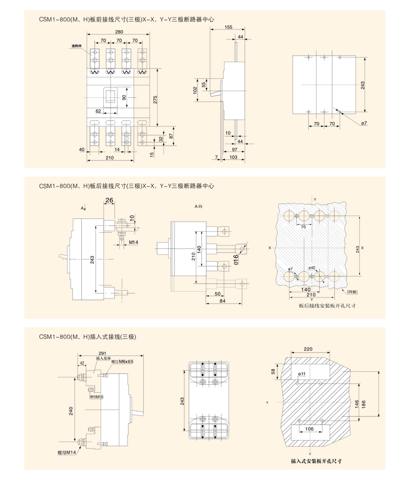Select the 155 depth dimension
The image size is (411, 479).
pos(228,27)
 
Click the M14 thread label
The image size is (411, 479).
pos(133,242)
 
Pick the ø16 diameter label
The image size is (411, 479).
pos(235,259)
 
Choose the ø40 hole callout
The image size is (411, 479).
pos(312,268)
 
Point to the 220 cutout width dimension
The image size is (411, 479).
pos(308,348)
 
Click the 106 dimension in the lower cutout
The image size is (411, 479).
pos(309,428)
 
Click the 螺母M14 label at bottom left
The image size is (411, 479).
pos(67,452)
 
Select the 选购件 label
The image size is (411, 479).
pos(79,46)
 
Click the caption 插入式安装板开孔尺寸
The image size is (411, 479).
pos(316,461)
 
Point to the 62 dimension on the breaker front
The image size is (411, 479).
pos(99,111)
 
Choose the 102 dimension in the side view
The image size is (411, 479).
pos(194,90)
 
